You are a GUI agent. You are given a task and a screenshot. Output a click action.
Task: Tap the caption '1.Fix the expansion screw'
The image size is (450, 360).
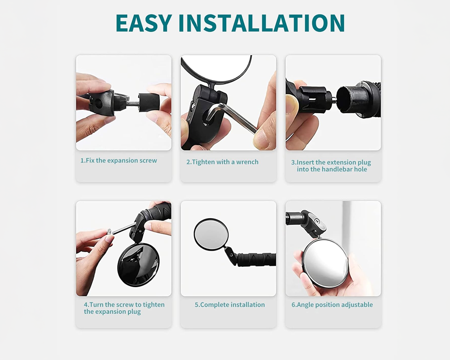[119, 161]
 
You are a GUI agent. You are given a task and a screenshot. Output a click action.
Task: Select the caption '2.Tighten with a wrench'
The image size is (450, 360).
[222, 162]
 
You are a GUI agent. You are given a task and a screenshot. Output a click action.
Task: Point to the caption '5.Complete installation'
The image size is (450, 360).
[229, 305]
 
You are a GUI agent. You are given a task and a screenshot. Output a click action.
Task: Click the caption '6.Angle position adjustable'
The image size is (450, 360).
[332, 305]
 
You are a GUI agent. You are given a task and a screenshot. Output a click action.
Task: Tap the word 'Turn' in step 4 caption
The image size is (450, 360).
[97, 305]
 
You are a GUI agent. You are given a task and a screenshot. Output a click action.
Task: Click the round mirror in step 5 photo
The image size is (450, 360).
[211, 234]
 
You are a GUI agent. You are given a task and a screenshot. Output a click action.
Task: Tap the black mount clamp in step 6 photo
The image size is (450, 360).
[310, 223]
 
